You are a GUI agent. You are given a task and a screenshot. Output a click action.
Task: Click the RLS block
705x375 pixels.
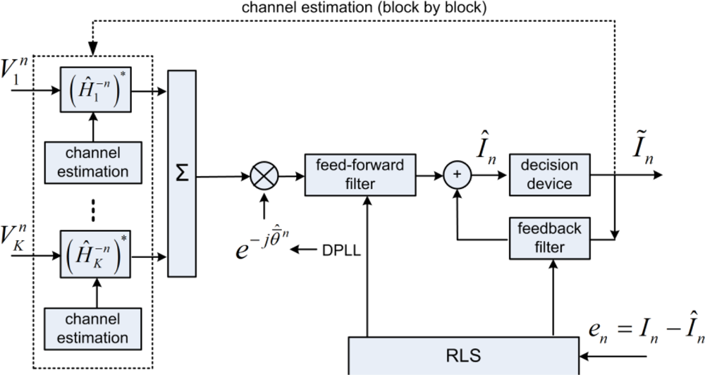[464, 356]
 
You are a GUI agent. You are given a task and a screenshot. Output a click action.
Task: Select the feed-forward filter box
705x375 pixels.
[360, 175]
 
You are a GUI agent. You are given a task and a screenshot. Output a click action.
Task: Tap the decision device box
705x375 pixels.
[549, 175]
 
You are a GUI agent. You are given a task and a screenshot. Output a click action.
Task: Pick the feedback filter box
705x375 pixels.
[549, 238]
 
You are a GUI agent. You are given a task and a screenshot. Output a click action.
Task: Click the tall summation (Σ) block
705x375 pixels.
[182, 173]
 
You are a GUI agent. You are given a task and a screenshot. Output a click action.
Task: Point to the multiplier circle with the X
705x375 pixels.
[264, 176]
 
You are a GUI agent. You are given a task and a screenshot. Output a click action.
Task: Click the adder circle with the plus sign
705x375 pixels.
[458, 175]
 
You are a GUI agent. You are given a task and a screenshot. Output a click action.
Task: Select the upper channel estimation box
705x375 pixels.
[93, 162]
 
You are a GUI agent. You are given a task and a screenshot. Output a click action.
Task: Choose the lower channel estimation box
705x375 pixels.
[93, 328]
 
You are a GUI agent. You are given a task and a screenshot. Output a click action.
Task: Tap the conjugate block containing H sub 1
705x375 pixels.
[96, 90]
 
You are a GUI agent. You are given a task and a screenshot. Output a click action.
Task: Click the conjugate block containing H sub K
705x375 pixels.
[96, 255]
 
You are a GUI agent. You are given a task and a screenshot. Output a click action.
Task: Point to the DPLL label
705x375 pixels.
[342, 250]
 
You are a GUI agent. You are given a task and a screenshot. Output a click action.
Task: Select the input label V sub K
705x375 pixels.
[14, 236]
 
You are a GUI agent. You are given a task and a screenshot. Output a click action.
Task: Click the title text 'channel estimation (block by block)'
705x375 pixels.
[364, 8]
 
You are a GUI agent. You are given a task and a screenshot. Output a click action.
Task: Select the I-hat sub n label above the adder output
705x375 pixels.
[486, 149]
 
